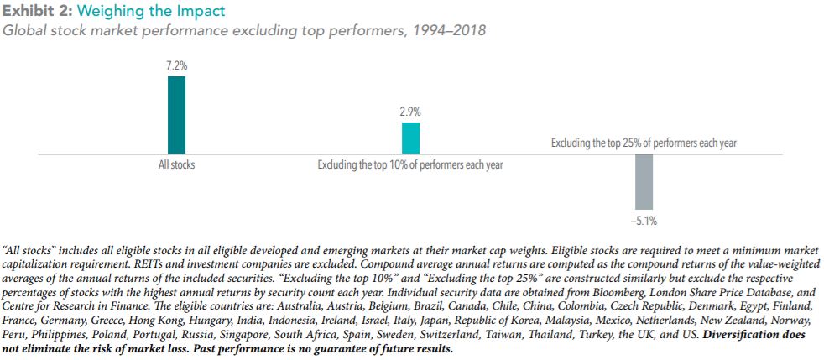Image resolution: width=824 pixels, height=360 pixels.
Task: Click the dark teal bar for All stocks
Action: (x=176, y=114)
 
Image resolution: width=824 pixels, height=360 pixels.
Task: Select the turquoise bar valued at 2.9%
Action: (x=410, y=138)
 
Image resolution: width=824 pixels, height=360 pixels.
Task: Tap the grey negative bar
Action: (x=644, y=181)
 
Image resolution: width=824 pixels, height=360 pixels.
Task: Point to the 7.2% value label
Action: (x=176, y=65)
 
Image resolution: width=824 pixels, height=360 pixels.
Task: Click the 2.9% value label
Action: (x=410, y=111)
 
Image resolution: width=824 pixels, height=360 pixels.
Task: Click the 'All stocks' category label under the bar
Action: (x=176, y=164)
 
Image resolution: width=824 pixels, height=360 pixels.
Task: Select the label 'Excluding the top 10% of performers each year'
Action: (x=410, y=164)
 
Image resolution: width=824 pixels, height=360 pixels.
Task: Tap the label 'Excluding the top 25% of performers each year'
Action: (x=644, y=143)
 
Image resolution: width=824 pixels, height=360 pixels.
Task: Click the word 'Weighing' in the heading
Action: (x=105, y=12)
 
